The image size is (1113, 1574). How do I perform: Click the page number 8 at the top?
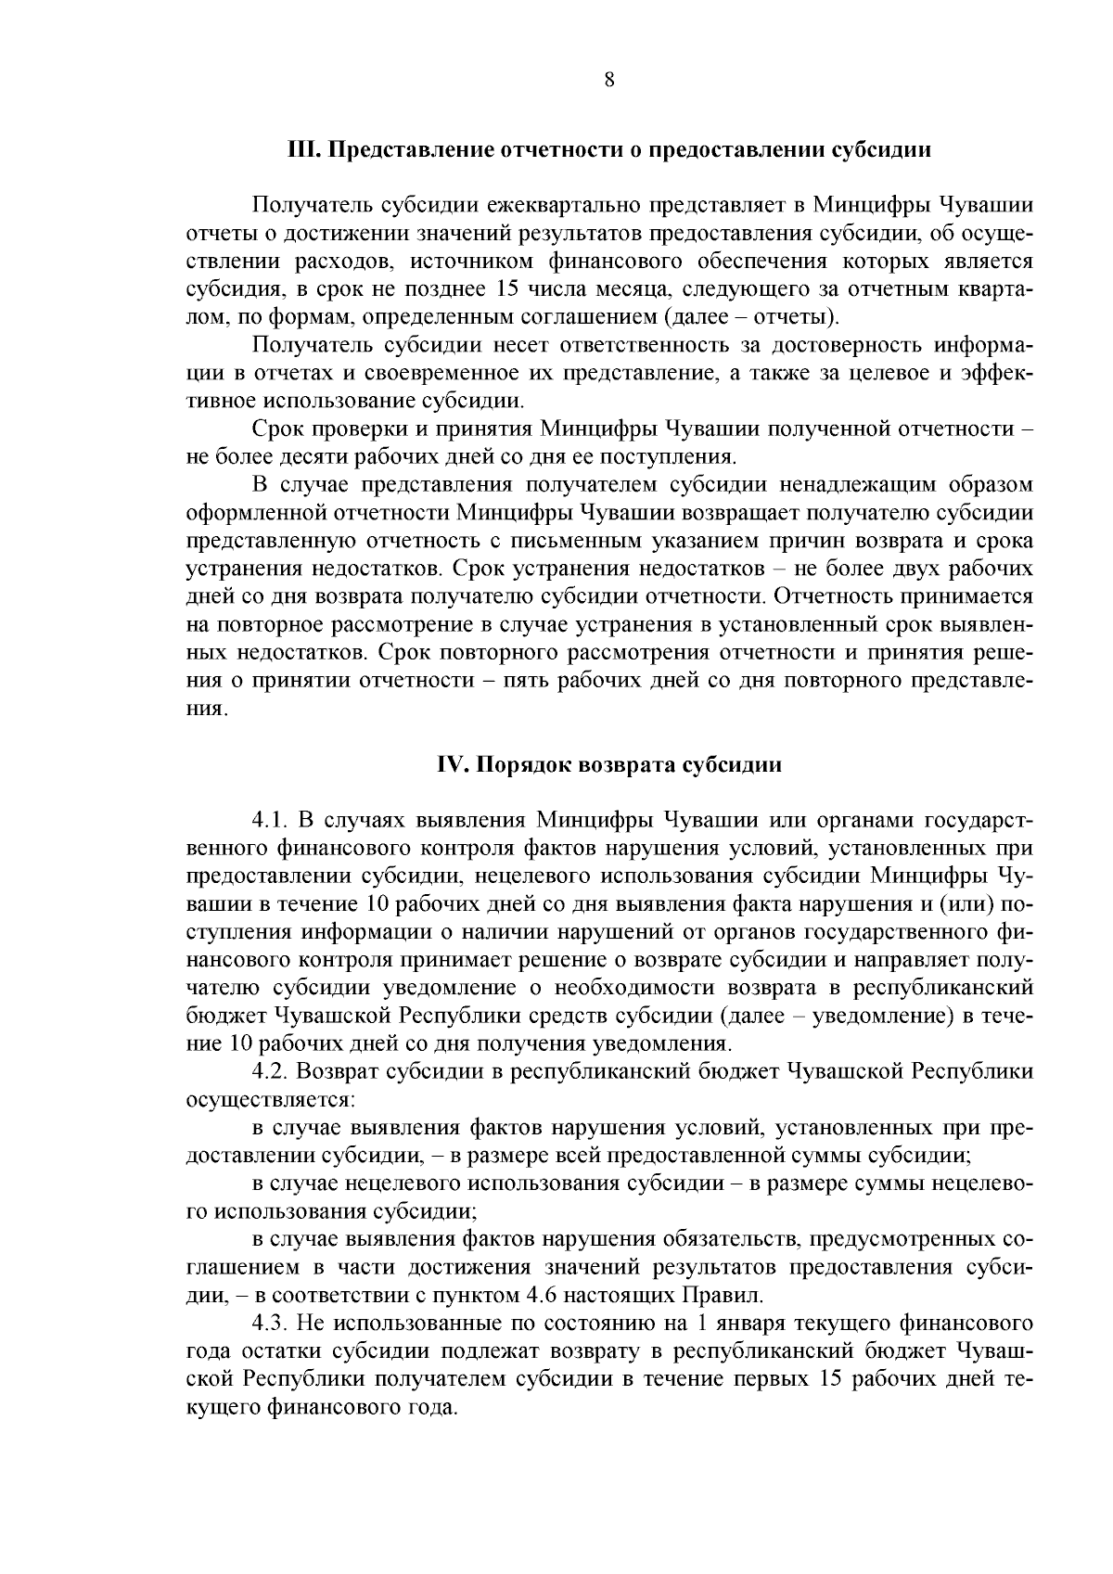pyautogui.click(x=609, y=80)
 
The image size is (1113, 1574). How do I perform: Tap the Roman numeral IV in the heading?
pyautogui.click(x=449, y=765)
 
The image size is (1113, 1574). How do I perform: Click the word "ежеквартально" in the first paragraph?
pyautogui.click(x=560, y=204)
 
